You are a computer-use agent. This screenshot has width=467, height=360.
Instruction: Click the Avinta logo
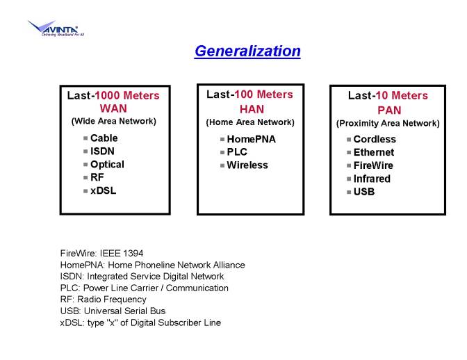(56, 28)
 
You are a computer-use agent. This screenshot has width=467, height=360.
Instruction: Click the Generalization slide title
(247, 51)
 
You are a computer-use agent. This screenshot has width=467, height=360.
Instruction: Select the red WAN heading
(113, 108)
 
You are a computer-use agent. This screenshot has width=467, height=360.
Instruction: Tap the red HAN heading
(252, 109)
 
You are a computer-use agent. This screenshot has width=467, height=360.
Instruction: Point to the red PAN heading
(389, 111)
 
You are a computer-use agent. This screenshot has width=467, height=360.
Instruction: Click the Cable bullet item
(104, 138)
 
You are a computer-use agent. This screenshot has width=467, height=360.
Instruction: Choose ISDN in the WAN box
(102, 152)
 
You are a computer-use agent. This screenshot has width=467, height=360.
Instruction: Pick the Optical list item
(107, 165)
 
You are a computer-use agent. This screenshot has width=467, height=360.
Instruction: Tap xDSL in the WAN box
(103, 190)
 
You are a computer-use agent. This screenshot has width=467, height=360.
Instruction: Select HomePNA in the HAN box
(251, 139)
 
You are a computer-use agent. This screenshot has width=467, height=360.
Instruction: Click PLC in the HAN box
(237, 152)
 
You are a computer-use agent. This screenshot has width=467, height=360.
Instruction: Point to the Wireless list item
(247, 165)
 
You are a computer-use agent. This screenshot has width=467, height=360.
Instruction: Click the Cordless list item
(375, 139)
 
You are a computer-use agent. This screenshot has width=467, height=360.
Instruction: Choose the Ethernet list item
(374, 152)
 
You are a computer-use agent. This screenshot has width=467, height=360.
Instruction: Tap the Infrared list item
(372, 179)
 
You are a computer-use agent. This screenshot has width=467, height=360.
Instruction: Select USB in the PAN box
(364, 192)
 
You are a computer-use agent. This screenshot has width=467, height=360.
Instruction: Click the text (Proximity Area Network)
(388, 123)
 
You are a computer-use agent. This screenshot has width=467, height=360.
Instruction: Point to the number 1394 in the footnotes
(133, 254)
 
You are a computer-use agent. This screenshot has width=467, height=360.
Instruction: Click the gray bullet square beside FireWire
(349, 165)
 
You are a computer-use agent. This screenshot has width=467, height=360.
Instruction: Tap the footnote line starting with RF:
(103, 300)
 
